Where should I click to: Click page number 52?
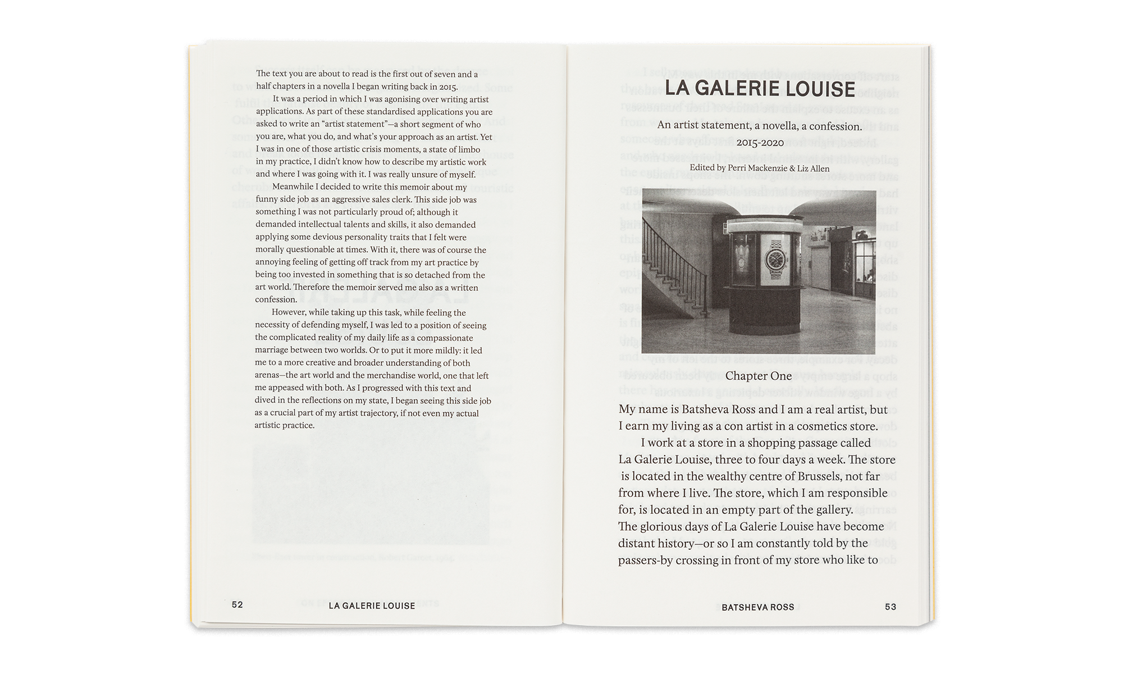pyautogui.click(x=238, y=605)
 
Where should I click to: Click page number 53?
pyautogui.click(x=891, y=607)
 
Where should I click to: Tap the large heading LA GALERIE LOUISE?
pyautogui.click(x=759, y=89)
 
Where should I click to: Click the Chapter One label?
pyautogui.click(x=758, y=376)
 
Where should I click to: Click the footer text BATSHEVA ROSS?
pyautogui.click(x=758, y=607)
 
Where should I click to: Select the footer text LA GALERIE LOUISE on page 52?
pyautogui.click(x=372, y=606)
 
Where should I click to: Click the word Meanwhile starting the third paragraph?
pyautogui.click(x=292, y=187)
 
